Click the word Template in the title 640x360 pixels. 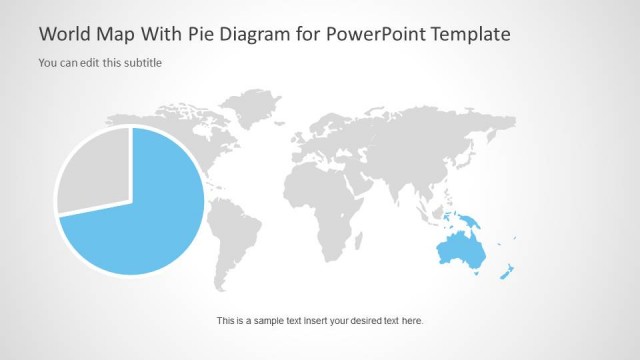470,34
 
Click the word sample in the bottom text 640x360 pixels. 272,321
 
